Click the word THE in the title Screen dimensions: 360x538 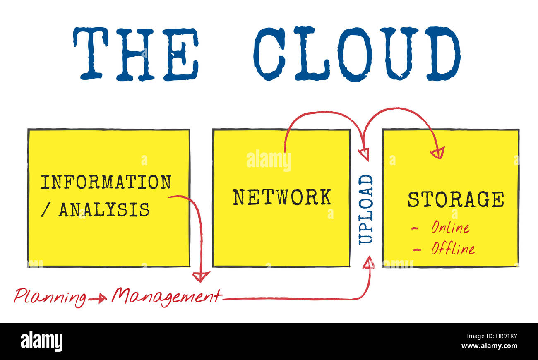pos(136,53)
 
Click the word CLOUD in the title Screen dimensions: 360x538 pos(356,54)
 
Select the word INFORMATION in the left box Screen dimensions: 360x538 pos(106,182)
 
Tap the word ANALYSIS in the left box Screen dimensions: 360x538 pos(104,210)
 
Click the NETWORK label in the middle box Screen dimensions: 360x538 pos(282,197)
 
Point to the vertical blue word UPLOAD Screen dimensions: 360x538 pos(366,209)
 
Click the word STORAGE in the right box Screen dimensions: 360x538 pos(456,199)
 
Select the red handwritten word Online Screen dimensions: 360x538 pos(450,227)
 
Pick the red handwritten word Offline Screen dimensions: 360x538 pos(452,248)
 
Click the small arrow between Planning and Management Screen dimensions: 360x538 pos(98,298)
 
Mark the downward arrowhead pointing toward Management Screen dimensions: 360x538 pos(201,276)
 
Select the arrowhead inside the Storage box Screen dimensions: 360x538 pos(438,153)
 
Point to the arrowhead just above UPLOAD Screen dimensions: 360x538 pos(363,154)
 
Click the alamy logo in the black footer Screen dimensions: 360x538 pos(41,341)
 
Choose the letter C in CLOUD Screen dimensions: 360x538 pos(269,54)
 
